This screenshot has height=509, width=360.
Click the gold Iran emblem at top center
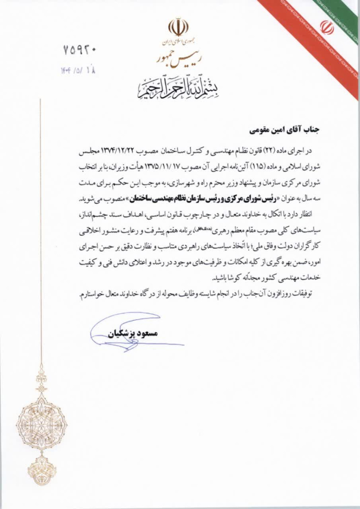(x=178, y=28)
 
